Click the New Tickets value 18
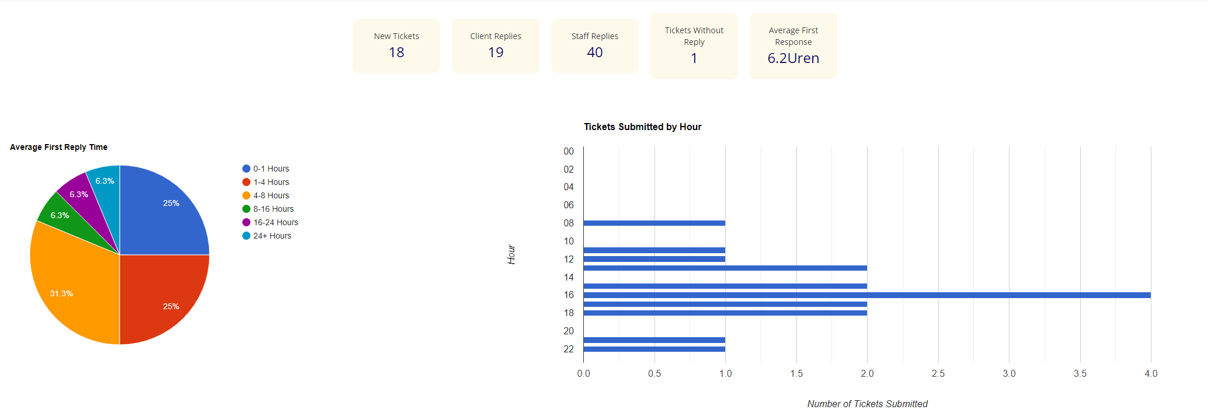coord(396,52)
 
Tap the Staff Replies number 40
coord(594,52)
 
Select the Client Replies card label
coord(496,36)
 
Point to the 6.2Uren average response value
coord(793,58)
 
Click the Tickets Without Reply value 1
coord(694,58)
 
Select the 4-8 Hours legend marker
coord(246,195)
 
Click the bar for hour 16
coord(867,295)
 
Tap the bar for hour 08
coord(654,223)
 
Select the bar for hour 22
coord(654,349)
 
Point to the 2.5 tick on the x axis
coord(938,373)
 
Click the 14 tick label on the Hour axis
coord(569,277)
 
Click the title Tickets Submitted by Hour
coord(642,127)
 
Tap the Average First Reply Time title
coord(58,147)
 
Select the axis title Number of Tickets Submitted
coord(867,404)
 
